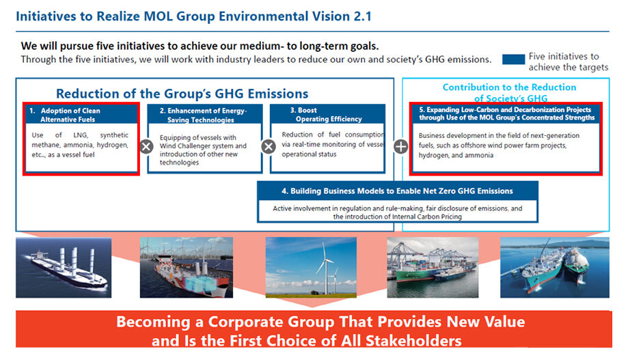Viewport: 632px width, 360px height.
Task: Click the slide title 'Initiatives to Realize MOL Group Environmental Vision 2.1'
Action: click(x=193, y=16)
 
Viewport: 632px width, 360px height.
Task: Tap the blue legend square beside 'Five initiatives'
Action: click(x=514, y=59)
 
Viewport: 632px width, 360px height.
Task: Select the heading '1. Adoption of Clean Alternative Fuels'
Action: click(x=64, y=115)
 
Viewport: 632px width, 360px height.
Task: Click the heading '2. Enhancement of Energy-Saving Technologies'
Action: click(x=203, y=115)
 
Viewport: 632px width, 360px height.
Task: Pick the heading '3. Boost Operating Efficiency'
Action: click(x=326, y=115)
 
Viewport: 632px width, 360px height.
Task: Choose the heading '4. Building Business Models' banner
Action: click(x=398, y=191)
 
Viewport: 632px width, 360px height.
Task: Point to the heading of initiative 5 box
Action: click(x=506, y=113)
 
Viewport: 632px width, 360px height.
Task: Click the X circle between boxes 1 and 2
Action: click(x=146, y=146)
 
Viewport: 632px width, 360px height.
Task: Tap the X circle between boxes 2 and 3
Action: click(x=269, y=146)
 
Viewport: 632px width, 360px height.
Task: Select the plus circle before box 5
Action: click(x=400, y=146)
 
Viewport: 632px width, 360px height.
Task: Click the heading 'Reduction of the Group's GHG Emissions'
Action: click(x=182, y=94)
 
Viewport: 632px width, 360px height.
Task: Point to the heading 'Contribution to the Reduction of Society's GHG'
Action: click(x=510, y=92)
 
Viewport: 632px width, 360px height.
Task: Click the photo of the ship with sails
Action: click(x=64, y=268)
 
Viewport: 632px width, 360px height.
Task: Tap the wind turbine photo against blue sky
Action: click(x=311, y=267)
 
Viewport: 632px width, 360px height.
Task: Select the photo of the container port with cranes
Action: click(x=433, y=267)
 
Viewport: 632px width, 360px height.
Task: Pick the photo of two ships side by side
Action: click(x=555, y=267)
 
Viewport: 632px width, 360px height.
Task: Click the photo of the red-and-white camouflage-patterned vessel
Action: click(x=187, y=267)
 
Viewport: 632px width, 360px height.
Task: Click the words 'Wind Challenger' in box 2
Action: click(x=182, y=146)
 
